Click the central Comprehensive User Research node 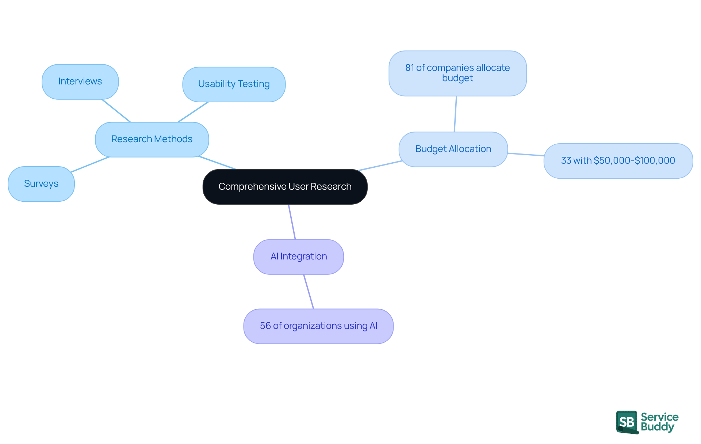[285, 187]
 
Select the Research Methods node [152, 139]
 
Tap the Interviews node [80, 81]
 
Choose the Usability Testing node [234, 84]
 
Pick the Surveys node [41, 183]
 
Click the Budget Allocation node [453, 149]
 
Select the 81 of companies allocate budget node [457, 73]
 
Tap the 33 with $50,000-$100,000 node [618, 161]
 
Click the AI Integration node [298, 257]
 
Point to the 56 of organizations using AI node [318, 326]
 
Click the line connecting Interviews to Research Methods [116, 111]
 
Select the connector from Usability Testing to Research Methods [193, 112]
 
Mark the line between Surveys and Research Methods [90, 164]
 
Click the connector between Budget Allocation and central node [380, 166]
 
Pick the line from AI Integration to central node [292, 222]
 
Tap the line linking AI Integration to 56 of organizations [309, 292]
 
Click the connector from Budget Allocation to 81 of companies [455, 114]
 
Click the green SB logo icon [627, 422]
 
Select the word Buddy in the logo [657, 427]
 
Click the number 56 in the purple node [265, 326]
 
